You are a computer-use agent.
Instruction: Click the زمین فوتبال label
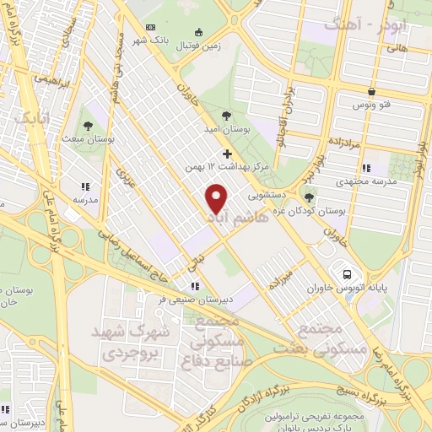click(x=197, y=45)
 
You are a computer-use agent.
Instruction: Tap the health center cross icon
click(x=227, y=154)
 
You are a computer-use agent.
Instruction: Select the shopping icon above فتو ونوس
click(x=370, y=91)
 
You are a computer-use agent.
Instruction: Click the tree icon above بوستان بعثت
click(x=89, y=126)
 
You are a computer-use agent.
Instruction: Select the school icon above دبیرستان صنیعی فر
click(x=195, y=286)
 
